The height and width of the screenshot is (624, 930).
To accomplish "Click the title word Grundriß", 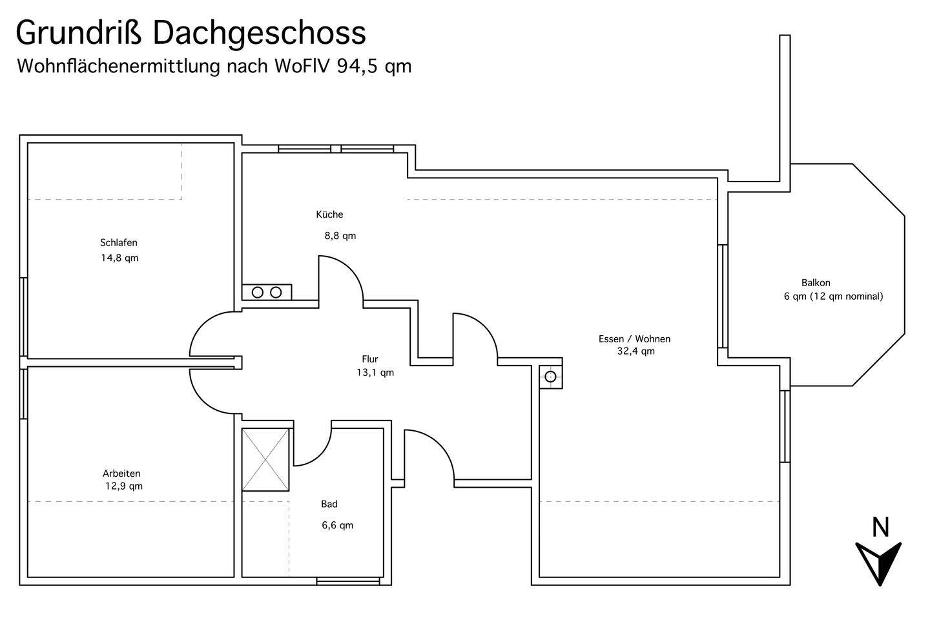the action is (x=79, y=34).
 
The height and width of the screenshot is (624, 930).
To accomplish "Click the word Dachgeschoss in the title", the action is (x=260, y=34).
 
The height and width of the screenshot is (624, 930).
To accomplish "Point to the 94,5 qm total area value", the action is (x=374, y=67).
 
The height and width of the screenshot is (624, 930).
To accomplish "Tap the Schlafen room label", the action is (x=119, y=242).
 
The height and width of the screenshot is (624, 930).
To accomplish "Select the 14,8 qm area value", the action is (x=119, y=258).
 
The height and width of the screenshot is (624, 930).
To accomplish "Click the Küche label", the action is (x=329, y=214).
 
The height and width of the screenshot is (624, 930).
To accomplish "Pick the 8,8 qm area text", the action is (x=340, y=236).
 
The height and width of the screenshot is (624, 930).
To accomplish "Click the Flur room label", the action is (x=370, y=359).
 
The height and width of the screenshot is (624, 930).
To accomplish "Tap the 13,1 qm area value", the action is (x=375, y=373).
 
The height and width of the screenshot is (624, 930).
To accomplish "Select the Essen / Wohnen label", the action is (x=634, y=338).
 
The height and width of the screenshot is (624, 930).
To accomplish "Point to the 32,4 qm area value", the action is (x=636, y=351).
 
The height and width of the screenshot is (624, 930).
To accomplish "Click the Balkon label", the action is (x=816, y=283).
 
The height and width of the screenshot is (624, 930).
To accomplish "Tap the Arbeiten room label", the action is (x=121, y=473).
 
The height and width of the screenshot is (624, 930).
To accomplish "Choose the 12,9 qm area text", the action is (x=124, y=486).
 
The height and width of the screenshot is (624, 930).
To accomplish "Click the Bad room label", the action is (x=329, y=504).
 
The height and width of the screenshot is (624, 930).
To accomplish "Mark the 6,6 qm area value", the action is (x=338, y=526).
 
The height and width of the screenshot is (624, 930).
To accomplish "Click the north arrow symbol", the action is (x=878, y=563).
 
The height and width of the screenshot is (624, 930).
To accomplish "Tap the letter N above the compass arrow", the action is (x=880, y=527).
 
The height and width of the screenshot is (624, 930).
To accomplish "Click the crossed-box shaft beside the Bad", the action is (x=265, y=459).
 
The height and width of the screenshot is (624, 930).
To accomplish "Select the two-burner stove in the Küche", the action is (x=267, y=292).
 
